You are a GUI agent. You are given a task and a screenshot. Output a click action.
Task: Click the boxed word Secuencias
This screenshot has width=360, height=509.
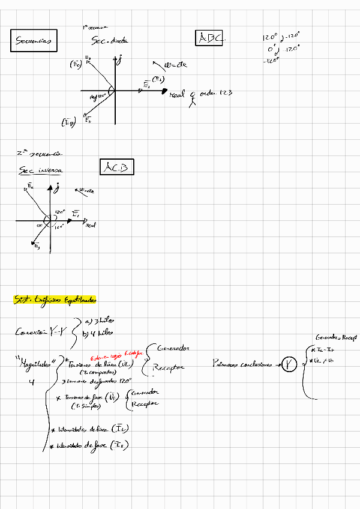click(x=34, y=41)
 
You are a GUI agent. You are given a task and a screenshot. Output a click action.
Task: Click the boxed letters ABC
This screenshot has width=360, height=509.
click(x=210, y=38)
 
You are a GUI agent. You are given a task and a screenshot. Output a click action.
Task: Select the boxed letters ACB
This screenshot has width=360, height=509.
click(x=116, y=167)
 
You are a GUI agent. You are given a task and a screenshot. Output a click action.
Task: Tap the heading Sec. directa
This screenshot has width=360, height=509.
click(x=110, y=41)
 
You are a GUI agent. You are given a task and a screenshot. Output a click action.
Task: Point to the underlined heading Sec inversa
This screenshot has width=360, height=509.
click(x=41, y=170)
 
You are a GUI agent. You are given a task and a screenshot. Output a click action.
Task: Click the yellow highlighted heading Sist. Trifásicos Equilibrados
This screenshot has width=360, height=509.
click(x=55, y=299)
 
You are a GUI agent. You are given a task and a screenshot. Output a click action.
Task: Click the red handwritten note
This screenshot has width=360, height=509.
click(x=116, y=355)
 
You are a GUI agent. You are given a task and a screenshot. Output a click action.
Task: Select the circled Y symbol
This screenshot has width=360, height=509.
click(x=290, y=364)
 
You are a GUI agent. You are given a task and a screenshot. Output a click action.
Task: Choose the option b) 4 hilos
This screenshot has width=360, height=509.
click(x=98, y=333)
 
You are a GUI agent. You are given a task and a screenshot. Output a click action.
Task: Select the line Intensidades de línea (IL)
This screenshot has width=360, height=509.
click(x=93, y=429)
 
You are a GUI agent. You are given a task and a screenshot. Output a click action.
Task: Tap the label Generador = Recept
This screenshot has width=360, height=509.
click(x=335, y=339)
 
